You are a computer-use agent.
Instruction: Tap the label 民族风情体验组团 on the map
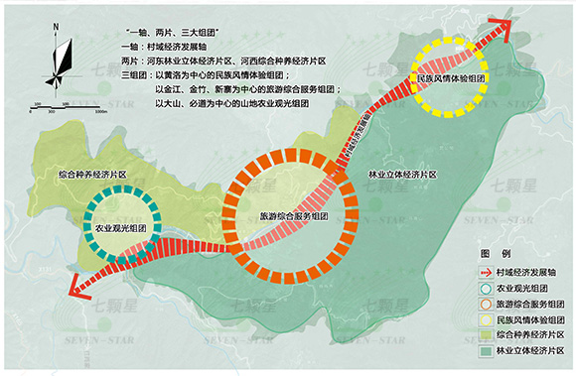tap(450, 78)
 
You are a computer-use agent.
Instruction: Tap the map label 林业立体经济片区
tap(401, 173)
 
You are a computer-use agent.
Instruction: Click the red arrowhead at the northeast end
tap(508, 31)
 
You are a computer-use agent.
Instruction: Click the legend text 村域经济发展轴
tap(526, 271)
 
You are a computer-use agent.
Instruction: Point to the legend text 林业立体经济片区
tap(530, 351)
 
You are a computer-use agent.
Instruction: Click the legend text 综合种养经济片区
tap(530, 335)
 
